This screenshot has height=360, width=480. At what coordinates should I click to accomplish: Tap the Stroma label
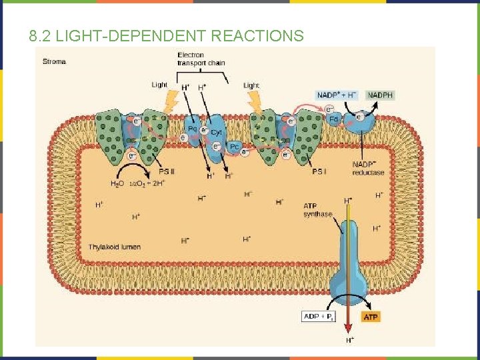[x=55, y=62]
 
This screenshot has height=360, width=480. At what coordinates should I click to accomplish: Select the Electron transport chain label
[x=201, y=59]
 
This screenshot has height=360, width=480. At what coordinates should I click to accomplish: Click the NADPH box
[x=380, y=95]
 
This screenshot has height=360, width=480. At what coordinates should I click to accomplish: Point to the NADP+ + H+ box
[x=337, y=95]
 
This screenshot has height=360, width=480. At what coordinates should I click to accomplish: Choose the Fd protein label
[x=335, y=119]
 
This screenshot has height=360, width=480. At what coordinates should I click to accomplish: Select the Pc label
[x=235, y=147]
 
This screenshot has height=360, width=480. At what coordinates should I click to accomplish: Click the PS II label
[x=166, y=171]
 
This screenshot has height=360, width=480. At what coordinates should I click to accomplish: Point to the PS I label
[x=319, y=171]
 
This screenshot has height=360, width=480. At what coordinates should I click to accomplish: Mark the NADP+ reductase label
[x=368, y=169]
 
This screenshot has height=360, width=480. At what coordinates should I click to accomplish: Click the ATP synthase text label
[x=317, y=209]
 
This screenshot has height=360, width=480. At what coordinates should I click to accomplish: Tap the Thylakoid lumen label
[x=115, y=247]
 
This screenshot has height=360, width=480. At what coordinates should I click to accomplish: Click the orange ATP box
[x=371, y=317]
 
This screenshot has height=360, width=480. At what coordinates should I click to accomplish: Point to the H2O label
[x=117, y=183]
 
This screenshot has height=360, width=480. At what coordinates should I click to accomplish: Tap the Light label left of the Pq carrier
[x=159, y=85]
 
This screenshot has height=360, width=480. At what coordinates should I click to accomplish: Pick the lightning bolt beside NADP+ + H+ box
[x=257, y=103]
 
